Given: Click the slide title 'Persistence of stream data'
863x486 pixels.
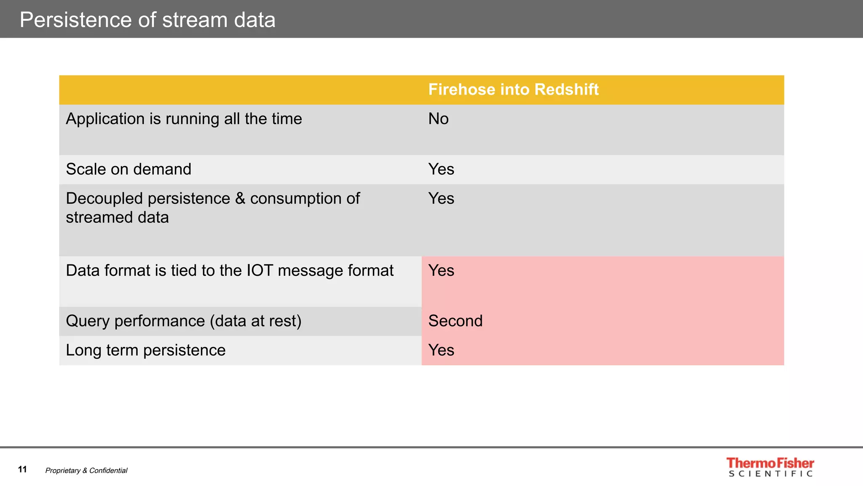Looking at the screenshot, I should pos(147,20).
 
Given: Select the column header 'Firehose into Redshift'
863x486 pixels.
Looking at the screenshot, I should pos(513,89).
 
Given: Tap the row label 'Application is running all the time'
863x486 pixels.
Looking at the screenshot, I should pos(184,119).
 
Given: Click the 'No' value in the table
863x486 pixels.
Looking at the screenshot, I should pos(438,119).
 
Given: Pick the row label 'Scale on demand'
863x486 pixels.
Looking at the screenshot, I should pos(129,169).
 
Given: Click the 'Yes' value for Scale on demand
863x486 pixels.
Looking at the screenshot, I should pos(441,169).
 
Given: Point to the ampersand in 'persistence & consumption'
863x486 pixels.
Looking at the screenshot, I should pos(240,198).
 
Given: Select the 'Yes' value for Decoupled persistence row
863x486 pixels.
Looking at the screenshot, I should pos(441,198).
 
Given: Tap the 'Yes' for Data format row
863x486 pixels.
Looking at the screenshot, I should pos(441,270).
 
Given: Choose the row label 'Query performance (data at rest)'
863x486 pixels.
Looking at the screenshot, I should pos(184,321).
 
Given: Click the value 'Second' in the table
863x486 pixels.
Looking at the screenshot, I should pos(456,321).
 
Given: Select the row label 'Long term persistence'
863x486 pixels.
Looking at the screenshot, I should pos(146,350).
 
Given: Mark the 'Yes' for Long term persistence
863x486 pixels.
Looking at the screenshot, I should pos(441,350).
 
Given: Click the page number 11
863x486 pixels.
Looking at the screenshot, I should pos(22,470).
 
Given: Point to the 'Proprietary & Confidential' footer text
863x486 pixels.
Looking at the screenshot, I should pos(86,470).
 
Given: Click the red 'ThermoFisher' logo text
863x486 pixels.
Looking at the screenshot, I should pos(770,463).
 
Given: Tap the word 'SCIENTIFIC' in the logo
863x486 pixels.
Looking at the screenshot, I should pos(770,474).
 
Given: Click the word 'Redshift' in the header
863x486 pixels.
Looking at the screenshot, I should pos(566,89).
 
